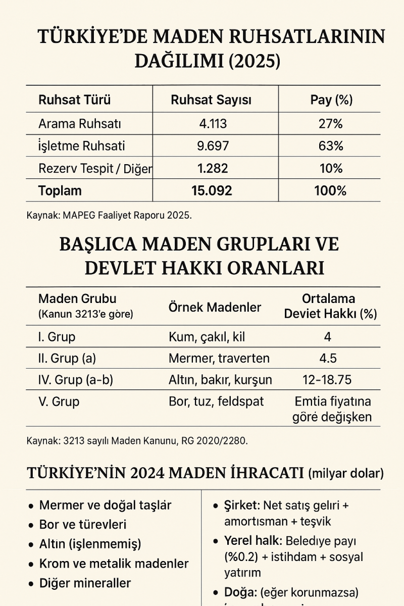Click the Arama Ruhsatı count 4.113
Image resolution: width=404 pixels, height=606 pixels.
(x=212, y=124)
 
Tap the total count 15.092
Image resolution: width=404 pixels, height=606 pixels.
(x=212, y=191)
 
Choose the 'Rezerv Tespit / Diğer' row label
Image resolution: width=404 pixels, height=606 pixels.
(x=95, y=169)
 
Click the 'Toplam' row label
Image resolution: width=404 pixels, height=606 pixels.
(x=60, y=191)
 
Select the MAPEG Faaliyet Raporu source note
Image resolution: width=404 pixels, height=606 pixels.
(x=109, y=216)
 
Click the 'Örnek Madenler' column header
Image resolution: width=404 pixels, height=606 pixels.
(x=215, y=308)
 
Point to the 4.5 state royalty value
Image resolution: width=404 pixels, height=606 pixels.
(x=328, y=358)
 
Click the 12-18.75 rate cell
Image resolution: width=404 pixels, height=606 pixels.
(x=329, y=380)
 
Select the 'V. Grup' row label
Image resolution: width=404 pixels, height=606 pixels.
(x=59, y=402)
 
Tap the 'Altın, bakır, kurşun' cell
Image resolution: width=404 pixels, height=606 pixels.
(x=220, y=380)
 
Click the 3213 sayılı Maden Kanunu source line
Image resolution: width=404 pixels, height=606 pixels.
(x=137, y=441)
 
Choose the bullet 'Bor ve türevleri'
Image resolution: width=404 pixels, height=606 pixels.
(x=83, y=524)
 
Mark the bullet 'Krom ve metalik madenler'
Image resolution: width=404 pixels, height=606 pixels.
(x=114, y=564)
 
